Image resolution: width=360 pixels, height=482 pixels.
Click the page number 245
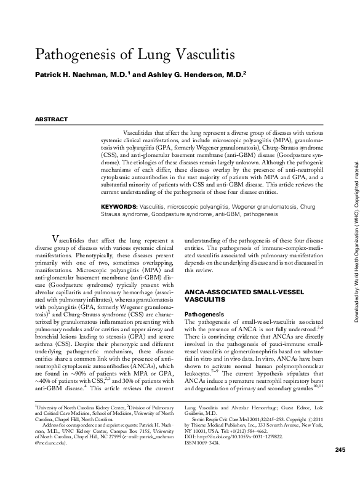[x=340, y=468]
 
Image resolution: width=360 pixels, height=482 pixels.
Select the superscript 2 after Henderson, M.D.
[x=246, y=71]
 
